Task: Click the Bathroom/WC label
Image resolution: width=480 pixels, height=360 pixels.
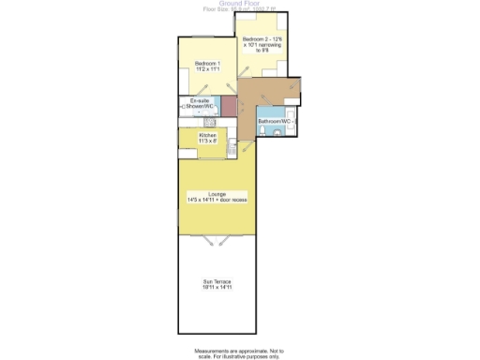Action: click(x=277, y=122)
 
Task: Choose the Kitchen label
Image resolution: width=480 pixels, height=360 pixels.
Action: click(x=207, y=135)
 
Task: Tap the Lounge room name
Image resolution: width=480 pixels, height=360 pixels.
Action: click(x=216, y=193)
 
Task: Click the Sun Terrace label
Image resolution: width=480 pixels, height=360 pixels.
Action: click(x=217, y=281)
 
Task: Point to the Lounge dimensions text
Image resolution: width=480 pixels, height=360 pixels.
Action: click(x=217, y=200)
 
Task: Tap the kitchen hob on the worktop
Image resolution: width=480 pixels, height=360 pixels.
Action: click(x=211, y=122)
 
